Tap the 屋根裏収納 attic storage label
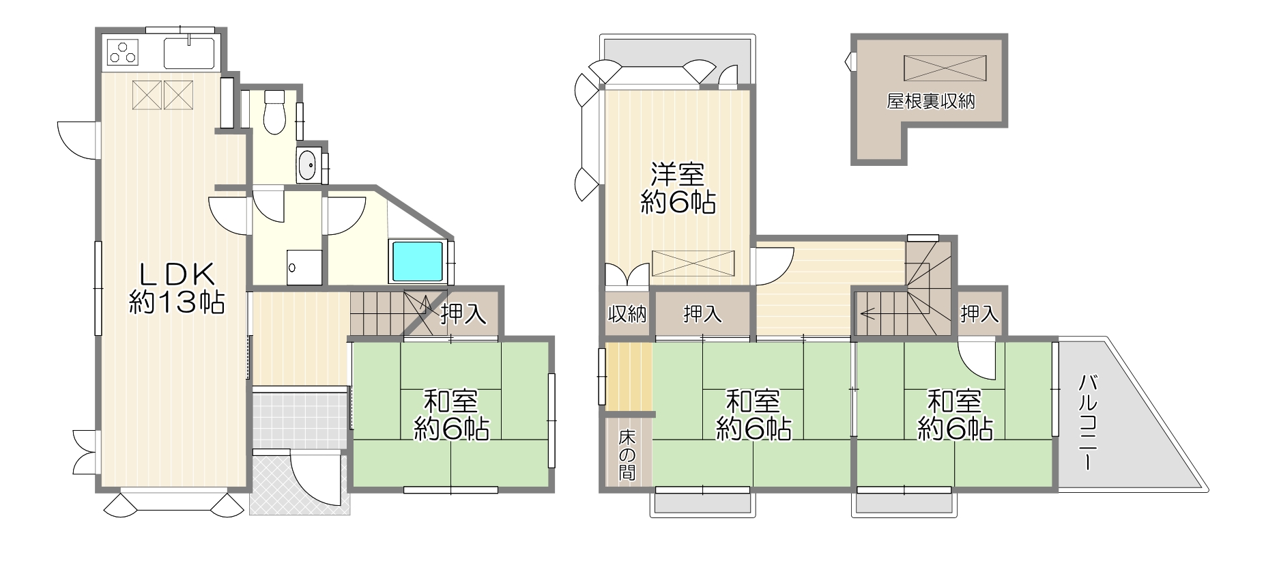(930, 102)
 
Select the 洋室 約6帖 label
(678, 188)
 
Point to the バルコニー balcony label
(1088, 423)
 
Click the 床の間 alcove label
(627, 454)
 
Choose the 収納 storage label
(627, 314)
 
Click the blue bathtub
(417, 261)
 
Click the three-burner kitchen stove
(123, 52)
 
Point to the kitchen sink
(189, 52)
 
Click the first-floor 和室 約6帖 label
(451, 414)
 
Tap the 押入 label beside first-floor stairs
(463, 313)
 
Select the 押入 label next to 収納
(702, 314)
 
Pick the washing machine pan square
(304, 267)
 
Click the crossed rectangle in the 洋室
(693, 263)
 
